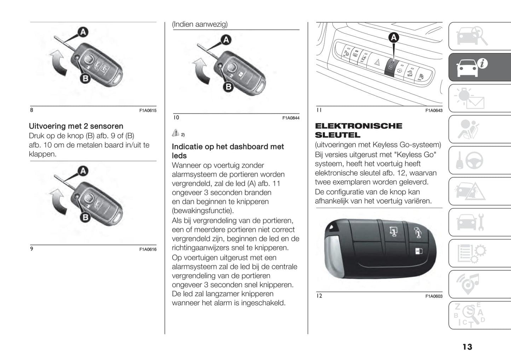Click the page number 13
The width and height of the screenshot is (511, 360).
coord(467,347)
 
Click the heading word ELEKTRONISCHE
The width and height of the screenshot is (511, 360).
coord(358,126)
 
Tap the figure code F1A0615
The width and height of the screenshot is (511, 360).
coord(147,111)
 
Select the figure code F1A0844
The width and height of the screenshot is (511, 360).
coord(291,118)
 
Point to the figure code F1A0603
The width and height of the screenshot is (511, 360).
coord(434,296)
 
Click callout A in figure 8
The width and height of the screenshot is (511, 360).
coord(83,32)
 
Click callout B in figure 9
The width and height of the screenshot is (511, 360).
coord(85,217)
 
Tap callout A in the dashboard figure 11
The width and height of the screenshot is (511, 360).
coord(394,37)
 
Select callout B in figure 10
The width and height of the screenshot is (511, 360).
coord(228,87)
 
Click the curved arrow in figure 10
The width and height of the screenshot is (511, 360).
coord(201,71)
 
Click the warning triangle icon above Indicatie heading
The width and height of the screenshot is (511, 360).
coord(176,133)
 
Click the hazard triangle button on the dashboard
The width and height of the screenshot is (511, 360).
coord(377,63)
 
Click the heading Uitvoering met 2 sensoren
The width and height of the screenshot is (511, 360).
coord(76,126)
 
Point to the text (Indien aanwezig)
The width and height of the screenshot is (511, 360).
coord(200,24)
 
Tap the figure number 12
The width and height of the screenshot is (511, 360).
coord(319,296)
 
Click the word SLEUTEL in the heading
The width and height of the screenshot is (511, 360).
coord(337,135)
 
